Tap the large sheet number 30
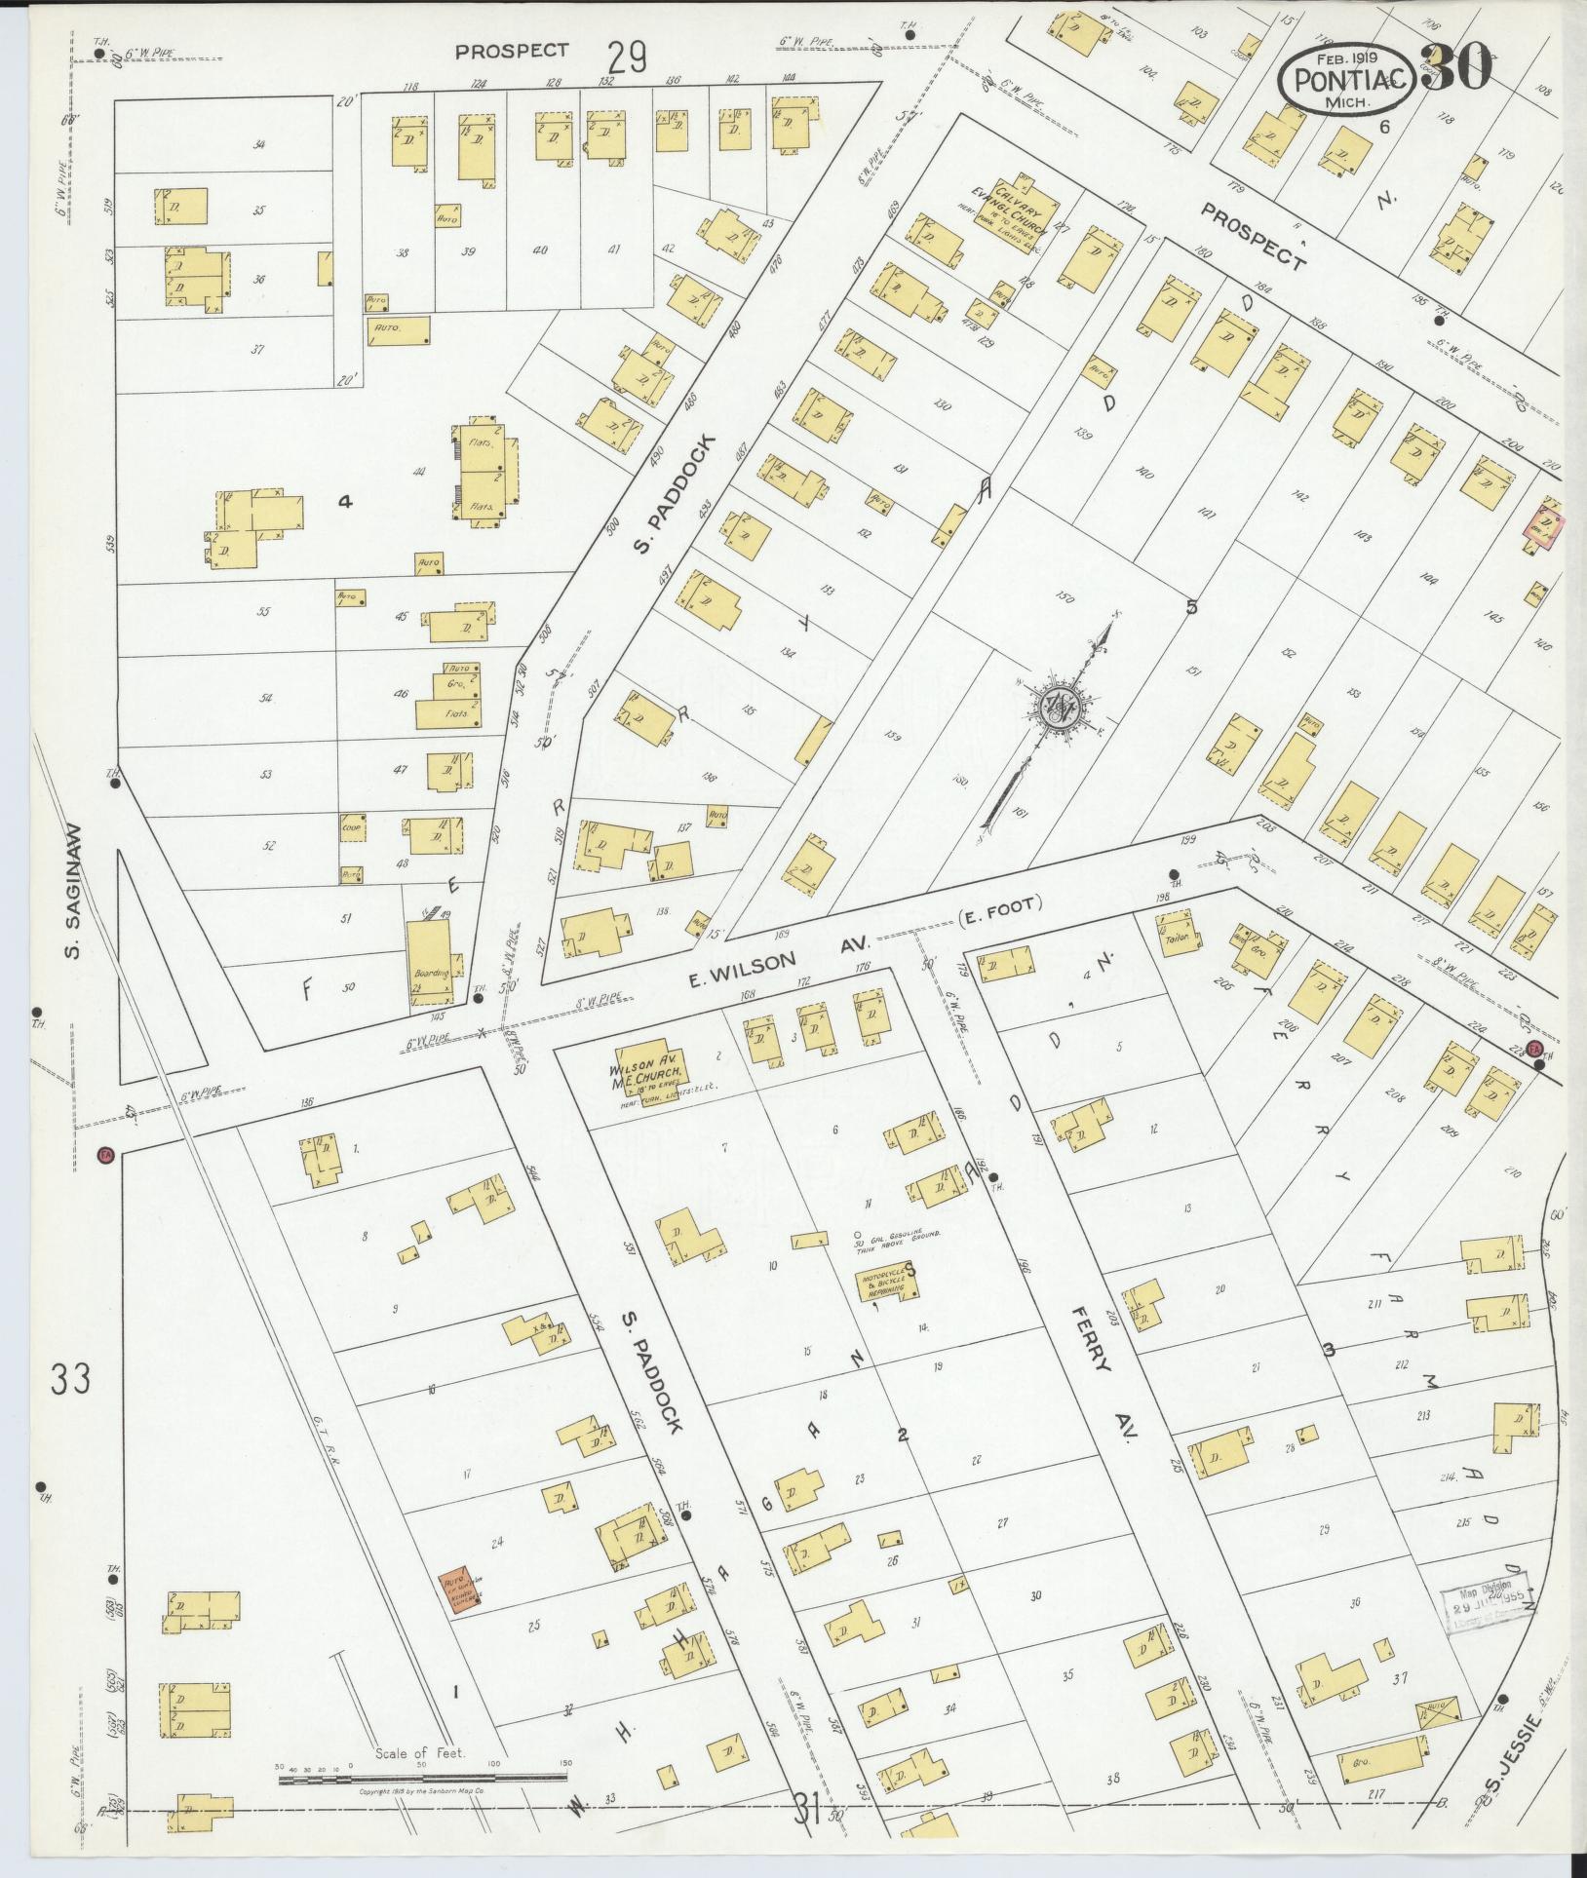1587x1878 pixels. pos(1456,69)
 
